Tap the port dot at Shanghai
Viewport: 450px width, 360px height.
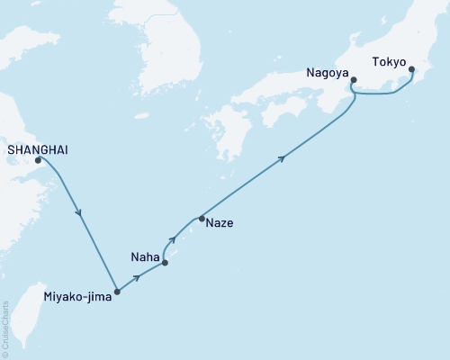[x=38, y=161]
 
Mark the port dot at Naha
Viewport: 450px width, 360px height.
[x=165, y=264]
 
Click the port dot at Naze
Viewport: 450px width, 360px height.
[x=202, y=219]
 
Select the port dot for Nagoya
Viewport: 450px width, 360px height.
[x=354, y=81]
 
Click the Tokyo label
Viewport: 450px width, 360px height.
[x=389, y=64]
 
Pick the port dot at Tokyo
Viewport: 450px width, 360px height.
[x=411, y=69]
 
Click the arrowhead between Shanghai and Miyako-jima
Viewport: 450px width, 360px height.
[x=81, y=214]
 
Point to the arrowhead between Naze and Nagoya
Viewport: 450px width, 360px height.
[x=283, y=159]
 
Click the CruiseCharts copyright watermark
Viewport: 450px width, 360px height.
[x=5, y=328]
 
